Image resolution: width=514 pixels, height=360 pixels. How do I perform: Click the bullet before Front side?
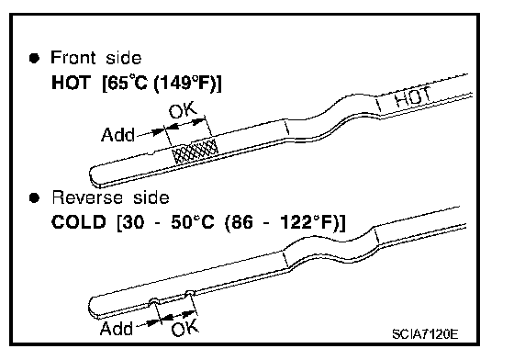[x=34, y=59]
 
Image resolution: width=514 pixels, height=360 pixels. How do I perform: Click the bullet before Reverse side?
[x=34, y=198]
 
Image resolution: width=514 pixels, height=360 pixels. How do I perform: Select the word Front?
[x=73, y=57]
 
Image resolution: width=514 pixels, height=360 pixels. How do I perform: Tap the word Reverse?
[x=87, y=197]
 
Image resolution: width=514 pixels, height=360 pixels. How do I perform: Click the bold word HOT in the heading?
[x=71, y=83]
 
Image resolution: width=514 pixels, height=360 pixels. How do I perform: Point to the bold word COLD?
[x=79, y=222]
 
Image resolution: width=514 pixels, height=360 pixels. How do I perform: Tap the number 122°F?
[x=308, y=222]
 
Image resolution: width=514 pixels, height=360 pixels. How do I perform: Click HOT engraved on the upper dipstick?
[x=412, y=97]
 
